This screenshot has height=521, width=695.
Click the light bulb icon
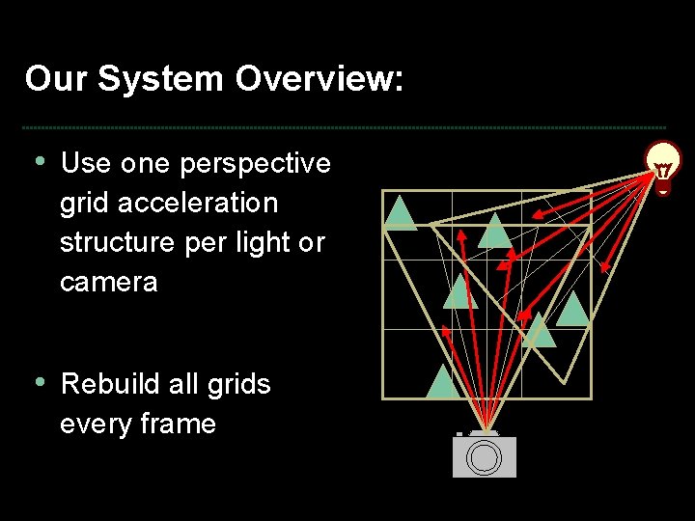[x=664, y=166]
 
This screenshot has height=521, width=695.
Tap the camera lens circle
[x=483, y=458]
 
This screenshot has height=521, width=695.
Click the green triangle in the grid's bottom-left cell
[x=442, y=382]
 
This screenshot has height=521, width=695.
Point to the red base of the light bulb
[x=664, y=188]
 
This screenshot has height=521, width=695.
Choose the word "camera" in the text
[x=108, y=282]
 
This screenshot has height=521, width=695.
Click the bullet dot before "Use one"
[x=39, y=160]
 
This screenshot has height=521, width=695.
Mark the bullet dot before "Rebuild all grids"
[x=39, y=381]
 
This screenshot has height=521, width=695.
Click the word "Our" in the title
[x=56, y=79]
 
